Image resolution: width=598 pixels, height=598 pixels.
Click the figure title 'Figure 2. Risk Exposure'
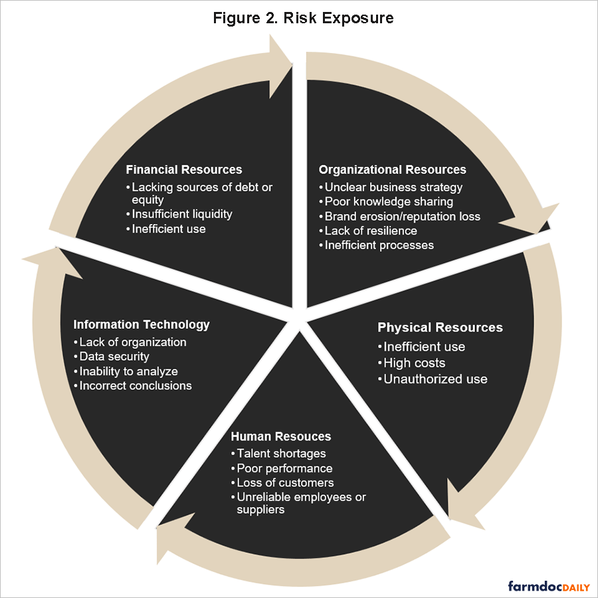pos(303,18)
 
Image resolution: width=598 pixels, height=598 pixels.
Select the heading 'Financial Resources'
pos(184,169)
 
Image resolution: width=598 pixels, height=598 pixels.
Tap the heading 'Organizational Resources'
pos(392,169)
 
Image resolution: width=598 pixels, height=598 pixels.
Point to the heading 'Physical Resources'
pos(440,328)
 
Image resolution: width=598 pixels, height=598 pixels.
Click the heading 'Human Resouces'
pos(280,437)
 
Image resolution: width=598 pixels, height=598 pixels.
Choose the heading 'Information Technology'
pos(142,324)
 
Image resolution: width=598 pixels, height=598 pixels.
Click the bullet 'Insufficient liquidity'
pos(181,214)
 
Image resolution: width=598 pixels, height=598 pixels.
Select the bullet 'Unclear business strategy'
pos(393,187)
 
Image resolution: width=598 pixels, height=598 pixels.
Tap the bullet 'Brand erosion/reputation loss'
pos(402,216)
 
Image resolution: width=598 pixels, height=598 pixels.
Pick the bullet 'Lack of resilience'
pos(371,231)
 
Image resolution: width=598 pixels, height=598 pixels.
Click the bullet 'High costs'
pos(414,363)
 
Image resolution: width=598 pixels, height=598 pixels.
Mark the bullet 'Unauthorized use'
pos(435,379)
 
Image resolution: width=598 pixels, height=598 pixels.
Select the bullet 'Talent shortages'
pos(281,453)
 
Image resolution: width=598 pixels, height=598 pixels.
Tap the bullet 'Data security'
pos(114,357)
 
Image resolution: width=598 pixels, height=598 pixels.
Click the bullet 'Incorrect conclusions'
pos(135,385)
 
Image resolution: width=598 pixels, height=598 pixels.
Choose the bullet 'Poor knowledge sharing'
pos(389,201)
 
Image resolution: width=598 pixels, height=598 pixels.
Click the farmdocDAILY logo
pos(549,586)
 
